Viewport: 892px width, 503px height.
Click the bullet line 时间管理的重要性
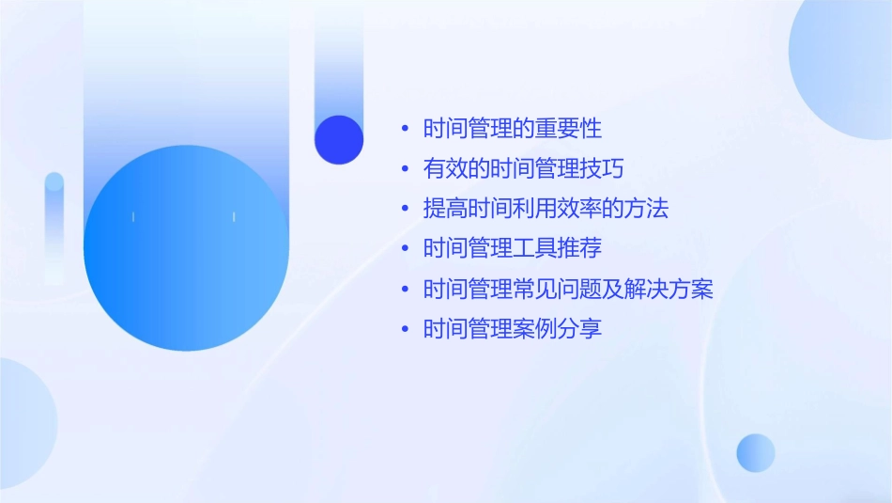point(512,129)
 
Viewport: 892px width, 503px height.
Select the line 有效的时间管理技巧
point(523,169)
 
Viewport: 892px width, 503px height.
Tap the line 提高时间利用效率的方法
point(546,209)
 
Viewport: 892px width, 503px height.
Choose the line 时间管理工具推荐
point(512,249)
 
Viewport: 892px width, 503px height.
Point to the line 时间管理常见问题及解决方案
point(568,290)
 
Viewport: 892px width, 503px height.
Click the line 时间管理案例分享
point(512,329)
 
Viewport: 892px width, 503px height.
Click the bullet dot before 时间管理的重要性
point(405,130)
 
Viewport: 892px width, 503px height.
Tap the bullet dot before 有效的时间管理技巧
point(405,170)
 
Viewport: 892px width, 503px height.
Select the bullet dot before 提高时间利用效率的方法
point(405,210)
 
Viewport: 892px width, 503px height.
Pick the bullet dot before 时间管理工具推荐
point(405,250)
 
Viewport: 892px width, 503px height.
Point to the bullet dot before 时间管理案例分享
point(405,330)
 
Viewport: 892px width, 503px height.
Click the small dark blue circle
point(339,139)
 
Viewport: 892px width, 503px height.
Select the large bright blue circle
point(186,248)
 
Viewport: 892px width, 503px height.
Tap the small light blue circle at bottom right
point(756,452)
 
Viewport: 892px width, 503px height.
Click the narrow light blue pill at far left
point(54,226)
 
